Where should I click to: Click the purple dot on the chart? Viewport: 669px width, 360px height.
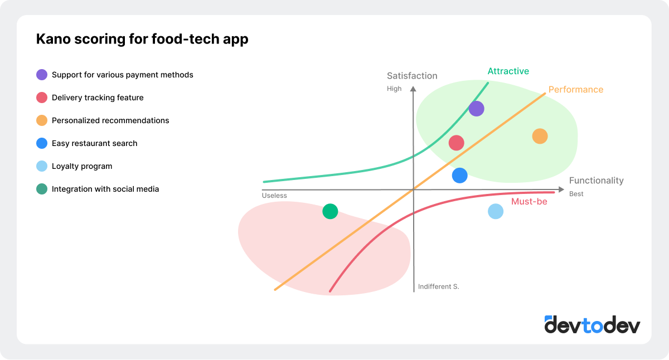476,109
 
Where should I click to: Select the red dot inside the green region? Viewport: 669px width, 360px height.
457,143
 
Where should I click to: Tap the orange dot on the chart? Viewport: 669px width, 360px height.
540,136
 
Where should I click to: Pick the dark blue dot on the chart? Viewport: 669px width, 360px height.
459,176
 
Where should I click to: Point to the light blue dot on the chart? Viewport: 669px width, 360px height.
496,211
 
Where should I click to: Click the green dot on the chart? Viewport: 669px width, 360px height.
330,211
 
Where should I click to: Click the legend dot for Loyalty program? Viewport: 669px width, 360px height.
42,166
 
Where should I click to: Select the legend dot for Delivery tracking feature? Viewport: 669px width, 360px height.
42,98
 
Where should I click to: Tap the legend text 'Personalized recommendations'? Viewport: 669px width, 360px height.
110,120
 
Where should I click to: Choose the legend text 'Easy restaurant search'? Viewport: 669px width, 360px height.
94,143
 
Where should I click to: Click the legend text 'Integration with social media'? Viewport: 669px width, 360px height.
105,189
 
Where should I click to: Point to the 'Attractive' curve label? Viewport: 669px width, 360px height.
508,71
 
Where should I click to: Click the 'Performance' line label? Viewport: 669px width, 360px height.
575,89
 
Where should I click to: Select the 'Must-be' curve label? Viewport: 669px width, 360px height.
529,202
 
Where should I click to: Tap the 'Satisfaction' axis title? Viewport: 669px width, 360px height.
412,76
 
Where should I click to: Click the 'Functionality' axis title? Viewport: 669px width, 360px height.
596,181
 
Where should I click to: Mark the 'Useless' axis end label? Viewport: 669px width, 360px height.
274,195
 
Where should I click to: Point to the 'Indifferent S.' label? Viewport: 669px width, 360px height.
439,286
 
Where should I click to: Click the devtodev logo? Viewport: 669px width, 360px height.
592,324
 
